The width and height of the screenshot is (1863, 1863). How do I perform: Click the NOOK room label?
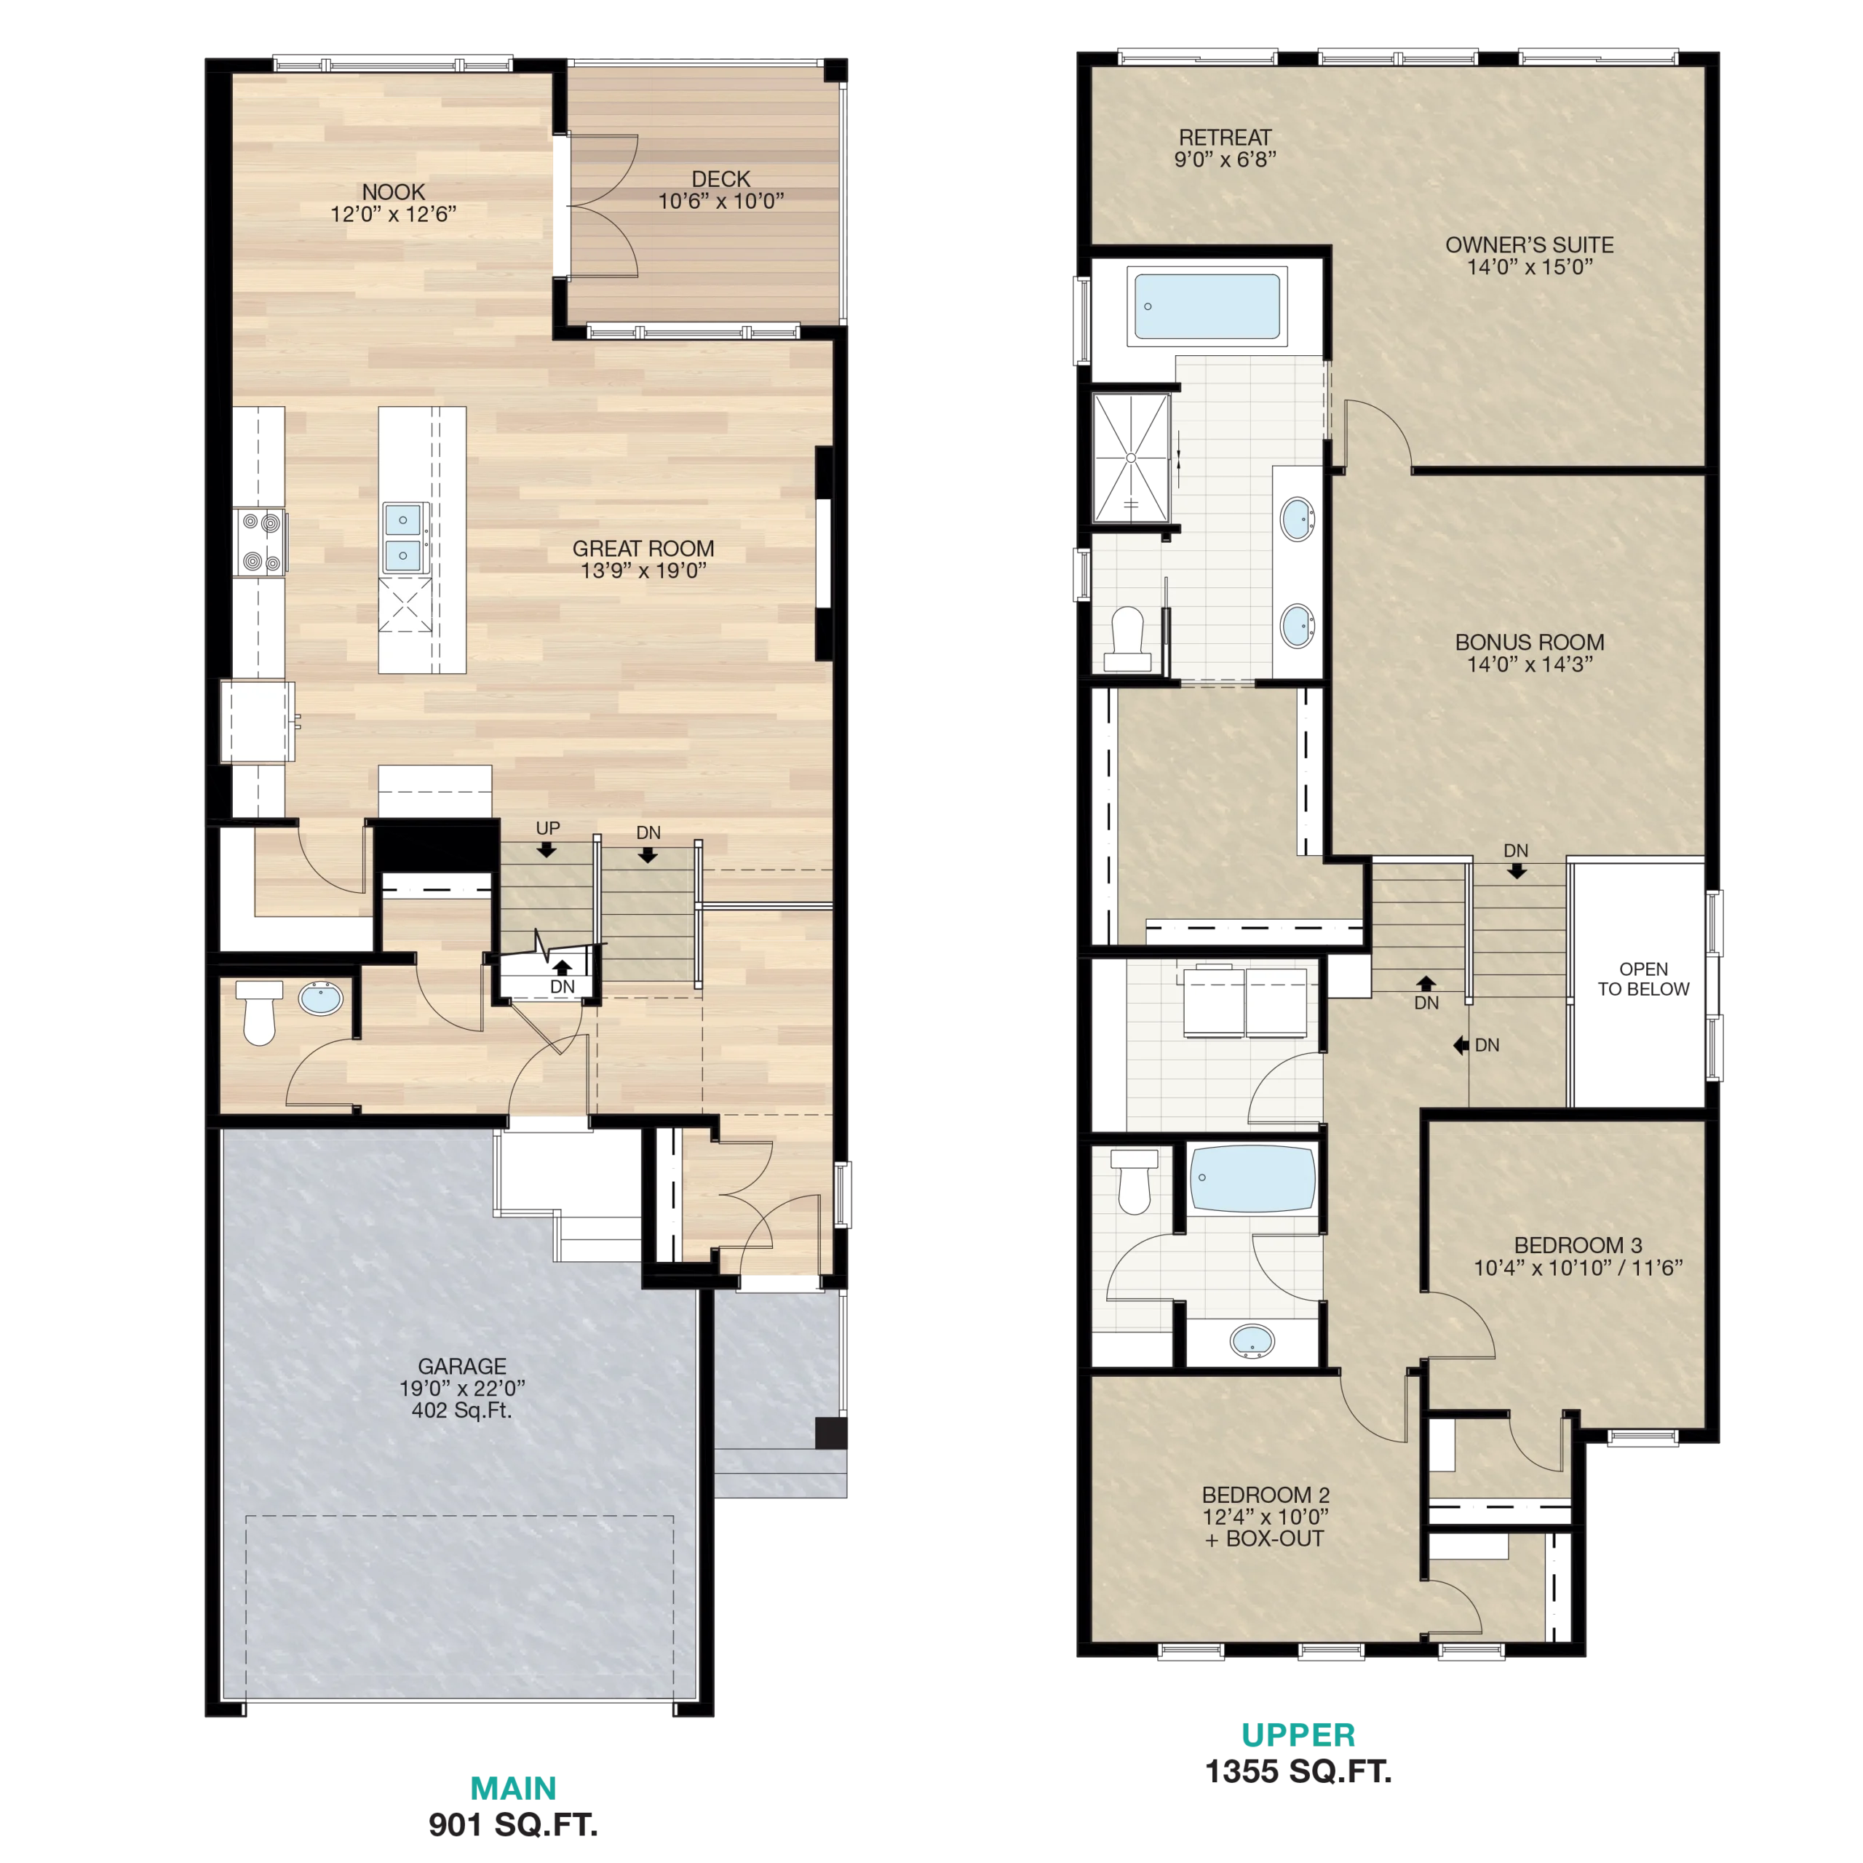pyautogui.click(x=394, y=192)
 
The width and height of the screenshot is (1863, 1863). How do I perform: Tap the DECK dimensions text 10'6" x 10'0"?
pyautogui.click(x=720, y=202)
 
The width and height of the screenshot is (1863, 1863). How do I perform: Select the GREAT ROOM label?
pyautogui.click(x=643, y=549)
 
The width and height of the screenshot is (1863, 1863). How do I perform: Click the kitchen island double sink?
pyautogui.click(x=403, y=537)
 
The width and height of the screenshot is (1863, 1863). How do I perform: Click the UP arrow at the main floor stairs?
pyautogui.click(x=547, y=849)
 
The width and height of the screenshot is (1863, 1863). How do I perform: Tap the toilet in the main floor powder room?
pyautogui.click(x=258, y=1012)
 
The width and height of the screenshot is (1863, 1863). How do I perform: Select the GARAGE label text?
pyautogui.click(x=462, y=1367)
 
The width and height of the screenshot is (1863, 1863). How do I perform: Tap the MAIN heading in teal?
pyautogui.click(x=513, y=1789)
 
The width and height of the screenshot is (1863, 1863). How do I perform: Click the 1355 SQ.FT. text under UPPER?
pyautogui.click(x=1298, y=1771)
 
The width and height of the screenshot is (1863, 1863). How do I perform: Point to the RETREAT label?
pyautogui.click(x=1225, y=138)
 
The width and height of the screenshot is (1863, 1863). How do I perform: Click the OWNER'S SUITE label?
pyautogui.click(x=1530, y=245)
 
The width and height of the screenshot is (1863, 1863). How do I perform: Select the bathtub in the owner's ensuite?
pyautogui.click(x=1207, y=306)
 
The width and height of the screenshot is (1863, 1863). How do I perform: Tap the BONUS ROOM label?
pyautogui.click(x=1530, y=642)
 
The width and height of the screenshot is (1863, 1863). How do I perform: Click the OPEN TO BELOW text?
pyautogui.click(x=1643, y=979)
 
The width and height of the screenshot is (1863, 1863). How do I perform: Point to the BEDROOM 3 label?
pyautogui.click(x=1578, y=1246)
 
